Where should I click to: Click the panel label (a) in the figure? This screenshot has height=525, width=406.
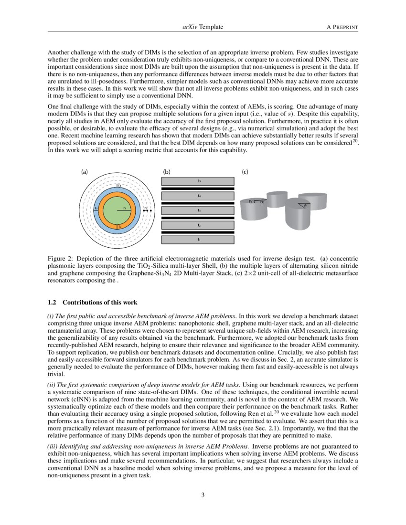point(85,171)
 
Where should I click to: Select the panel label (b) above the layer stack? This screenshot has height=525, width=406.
point(167,171)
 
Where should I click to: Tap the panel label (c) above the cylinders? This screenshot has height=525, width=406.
point(245,171)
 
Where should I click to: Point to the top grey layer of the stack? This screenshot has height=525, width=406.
point(198,181)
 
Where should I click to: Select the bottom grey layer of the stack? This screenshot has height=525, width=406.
point(198,240)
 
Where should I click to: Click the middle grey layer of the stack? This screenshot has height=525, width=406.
point(198,210)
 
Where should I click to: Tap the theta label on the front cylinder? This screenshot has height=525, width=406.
point(305,206)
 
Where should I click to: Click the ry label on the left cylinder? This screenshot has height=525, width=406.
point(251,201)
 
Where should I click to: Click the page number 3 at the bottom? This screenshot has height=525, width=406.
point(203,495)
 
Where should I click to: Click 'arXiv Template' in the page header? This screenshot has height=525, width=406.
point(203,28)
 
